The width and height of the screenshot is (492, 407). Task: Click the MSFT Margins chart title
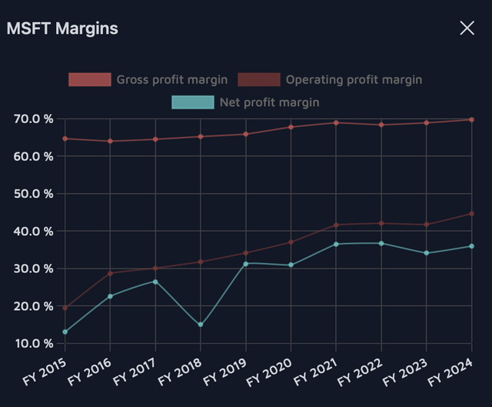pyautogui.click(x=62, y=29)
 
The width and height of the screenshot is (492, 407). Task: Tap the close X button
pyautogui.click(x=467, y=28)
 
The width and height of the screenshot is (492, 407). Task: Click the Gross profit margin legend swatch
pyautogui.click(x=90, y=79)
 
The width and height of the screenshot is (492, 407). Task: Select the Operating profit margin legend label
pyautogui.click(x=354, y=79)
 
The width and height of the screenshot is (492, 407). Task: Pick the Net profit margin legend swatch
pyautogui.click(x=193, y=102)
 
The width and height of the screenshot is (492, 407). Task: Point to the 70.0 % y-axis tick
pyautogui.click(x=33, y=119)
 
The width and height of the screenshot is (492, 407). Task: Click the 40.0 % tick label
pyautogui.click(x=33, y=231)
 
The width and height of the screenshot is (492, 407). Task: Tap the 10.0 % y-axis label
pyautogui.click(x=33, y=343)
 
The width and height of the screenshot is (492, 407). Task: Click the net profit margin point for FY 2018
pyautogui.click(x=201, y=325)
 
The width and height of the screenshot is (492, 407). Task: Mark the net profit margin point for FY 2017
pyautogui.click(x=155, y=282)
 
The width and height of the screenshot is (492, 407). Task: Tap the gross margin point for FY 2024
pyautogui.click(x=471, y=120)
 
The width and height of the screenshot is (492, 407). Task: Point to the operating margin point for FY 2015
pyautogui.click(x=65, y=308)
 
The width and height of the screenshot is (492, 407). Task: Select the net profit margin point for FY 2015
pyautogui.click(x=65, y=332)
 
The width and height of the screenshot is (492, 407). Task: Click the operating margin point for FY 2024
pyautogui.click(x=471, y=214)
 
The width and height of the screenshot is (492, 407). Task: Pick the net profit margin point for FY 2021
pyautogui.click(x=336, y=244)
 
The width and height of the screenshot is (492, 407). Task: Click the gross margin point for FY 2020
pyautogui.click(x=291, y=127)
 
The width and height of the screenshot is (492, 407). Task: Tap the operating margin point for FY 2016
pyautogui.click(x=110, y=273)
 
